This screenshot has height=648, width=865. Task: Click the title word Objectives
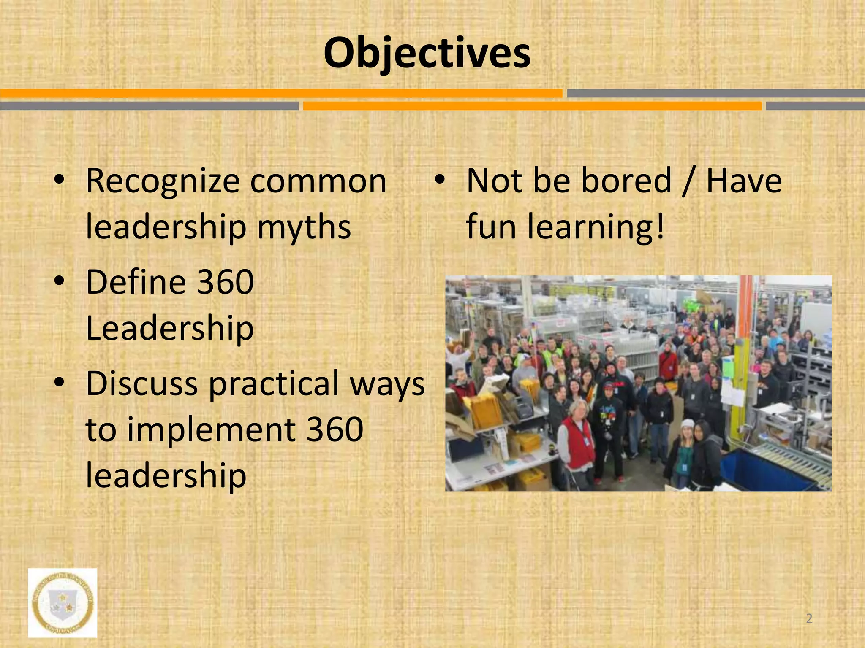427,54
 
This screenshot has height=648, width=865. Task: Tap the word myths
304,227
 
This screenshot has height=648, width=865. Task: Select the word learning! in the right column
596,227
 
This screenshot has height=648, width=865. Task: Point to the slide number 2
809,618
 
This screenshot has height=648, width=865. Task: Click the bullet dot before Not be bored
440,180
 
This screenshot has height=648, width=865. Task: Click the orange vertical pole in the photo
747,321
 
